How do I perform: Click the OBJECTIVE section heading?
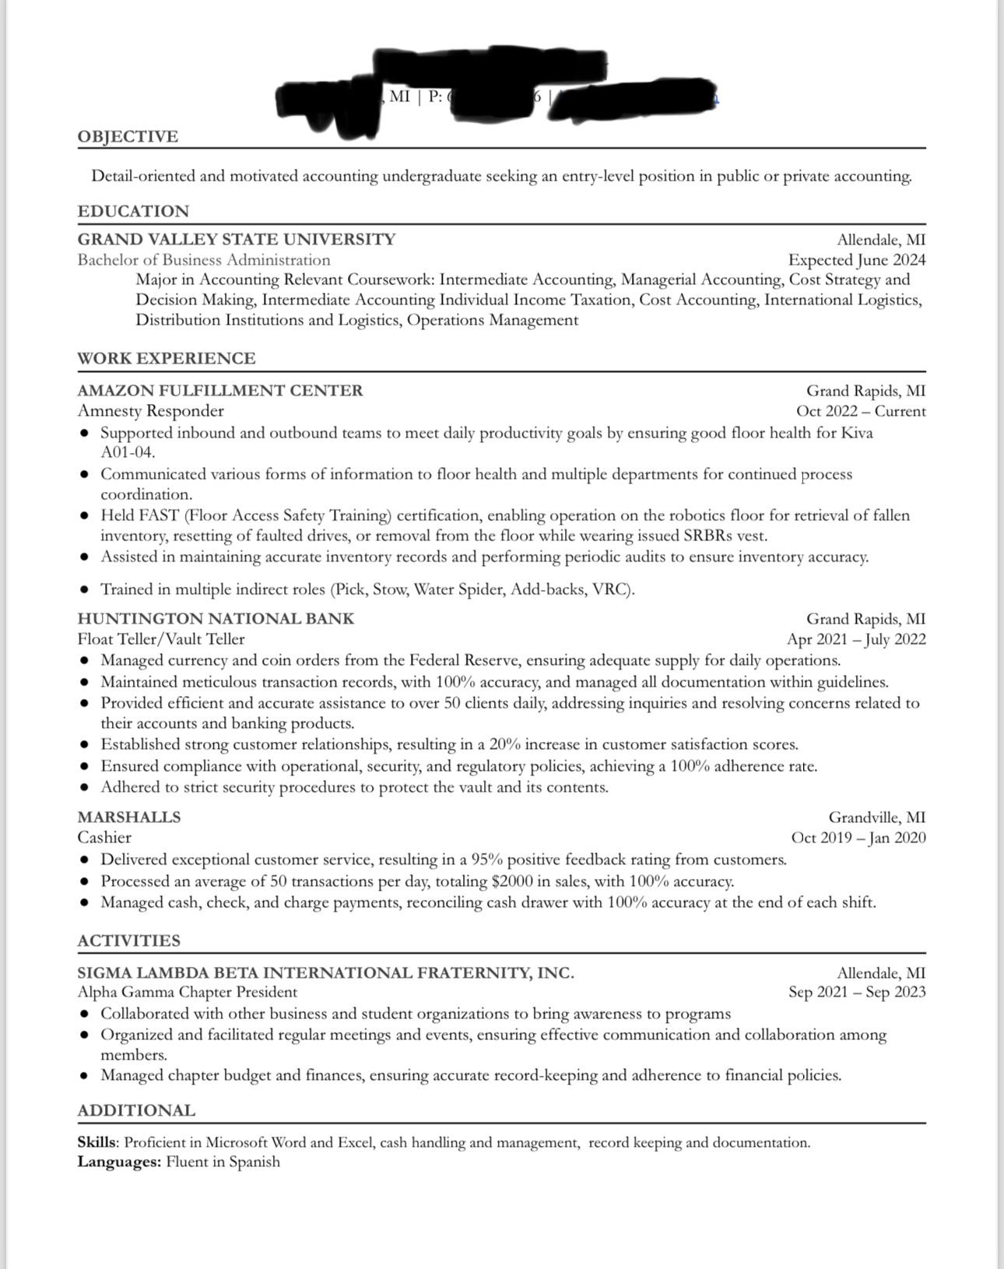coord(128,137)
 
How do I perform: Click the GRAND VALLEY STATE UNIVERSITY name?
coord(236,239)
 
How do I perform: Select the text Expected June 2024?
coord(856,260)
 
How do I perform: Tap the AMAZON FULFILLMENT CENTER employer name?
coord(219,390)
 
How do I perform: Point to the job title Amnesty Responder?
coord(150,411)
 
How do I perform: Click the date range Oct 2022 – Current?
coord(860,411)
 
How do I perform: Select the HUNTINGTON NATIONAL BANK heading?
coord(216,619)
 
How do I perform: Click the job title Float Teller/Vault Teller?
coord(160,639)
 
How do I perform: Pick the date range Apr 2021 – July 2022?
coord(855,640)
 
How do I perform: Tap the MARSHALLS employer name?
coord(128,817)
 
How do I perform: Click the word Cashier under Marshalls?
coord(104,838)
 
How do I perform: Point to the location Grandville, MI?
coord(876,817)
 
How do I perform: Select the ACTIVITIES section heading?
coord(128,940)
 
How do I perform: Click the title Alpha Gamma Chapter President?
coord(187,992)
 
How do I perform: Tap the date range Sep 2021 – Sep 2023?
coord(856,992)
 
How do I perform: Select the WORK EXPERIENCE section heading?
coord(166,358)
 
